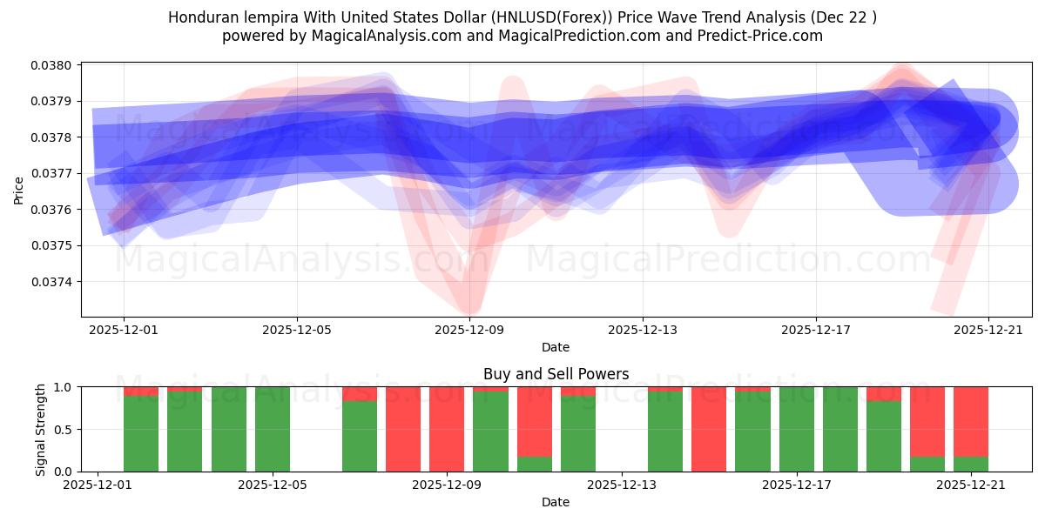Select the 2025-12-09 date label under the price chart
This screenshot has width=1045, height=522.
coord(469,330)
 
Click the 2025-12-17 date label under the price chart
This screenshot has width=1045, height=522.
coord(816,330)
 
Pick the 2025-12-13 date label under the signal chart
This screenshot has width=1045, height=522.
coord(623,485)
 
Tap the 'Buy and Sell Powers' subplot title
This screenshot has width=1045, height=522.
coord(556,374)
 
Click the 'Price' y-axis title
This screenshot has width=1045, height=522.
coord(19,190)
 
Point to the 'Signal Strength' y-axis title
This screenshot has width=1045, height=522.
coord(41,429)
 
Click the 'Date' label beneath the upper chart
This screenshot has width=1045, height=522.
coord(556,347)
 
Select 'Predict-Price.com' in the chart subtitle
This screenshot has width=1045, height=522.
coord(763,36)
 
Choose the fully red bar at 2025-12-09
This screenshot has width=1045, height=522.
coord(447,429)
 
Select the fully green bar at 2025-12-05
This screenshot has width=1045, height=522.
coord(273,429)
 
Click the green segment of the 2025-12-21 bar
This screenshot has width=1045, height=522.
coord(971,464)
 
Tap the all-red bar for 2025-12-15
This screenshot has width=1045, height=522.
coord(709,429)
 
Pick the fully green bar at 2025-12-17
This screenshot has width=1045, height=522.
coord(797,429)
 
